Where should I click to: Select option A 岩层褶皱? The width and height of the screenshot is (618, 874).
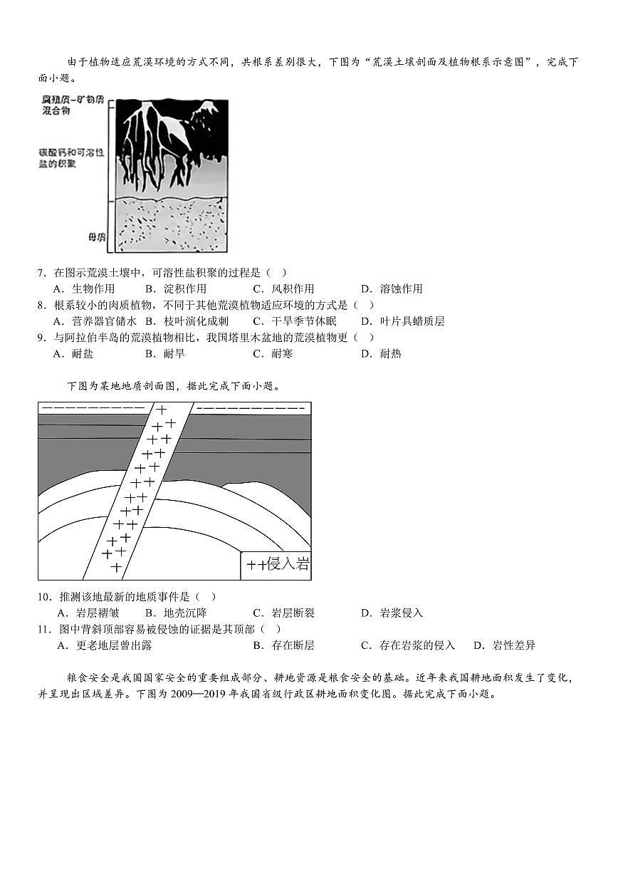pos(88,613)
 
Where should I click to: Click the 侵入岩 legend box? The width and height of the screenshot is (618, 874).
pos(276,565)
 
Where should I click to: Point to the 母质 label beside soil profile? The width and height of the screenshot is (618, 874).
pos(97,237)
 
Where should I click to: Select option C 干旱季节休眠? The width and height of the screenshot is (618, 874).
pos(293,321)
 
